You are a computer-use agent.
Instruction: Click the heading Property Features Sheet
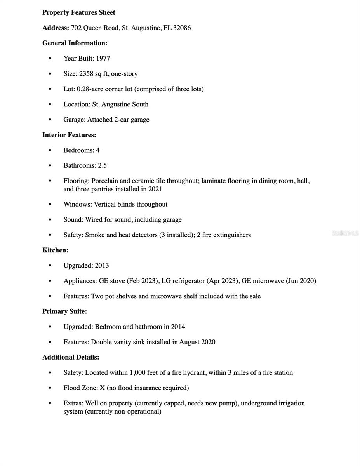pyautogui.click(x=78, y=12)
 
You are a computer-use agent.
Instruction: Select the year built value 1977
pyautogui.click(x=103, y=59)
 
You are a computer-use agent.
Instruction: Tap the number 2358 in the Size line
pyautogui.click(x=86, y=74)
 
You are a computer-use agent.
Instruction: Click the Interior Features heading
pyautogui.click(x=69, y=135)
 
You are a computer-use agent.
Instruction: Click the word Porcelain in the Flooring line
pyautogui.click(x=104, y=181)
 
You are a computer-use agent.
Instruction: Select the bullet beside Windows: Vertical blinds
pyautogui.click(x=50, y=205)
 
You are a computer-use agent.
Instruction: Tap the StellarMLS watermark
pyautogui.click(x=345, y=233)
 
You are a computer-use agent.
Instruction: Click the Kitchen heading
pyautogui.click(x=55, y=250)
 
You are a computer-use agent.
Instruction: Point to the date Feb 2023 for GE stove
pyautogui.click(x=143, y=281)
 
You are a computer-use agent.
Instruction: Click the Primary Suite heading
pyautogui.click(x=64, y=311)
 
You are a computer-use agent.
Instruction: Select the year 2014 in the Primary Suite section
pyautogui.click(x=178, y=327)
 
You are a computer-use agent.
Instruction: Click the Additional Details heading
pyautogui.click(x=71, y=357)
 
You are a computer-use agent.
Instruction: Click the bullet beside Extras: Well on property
pyautogui.click(x=50, y=403)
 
